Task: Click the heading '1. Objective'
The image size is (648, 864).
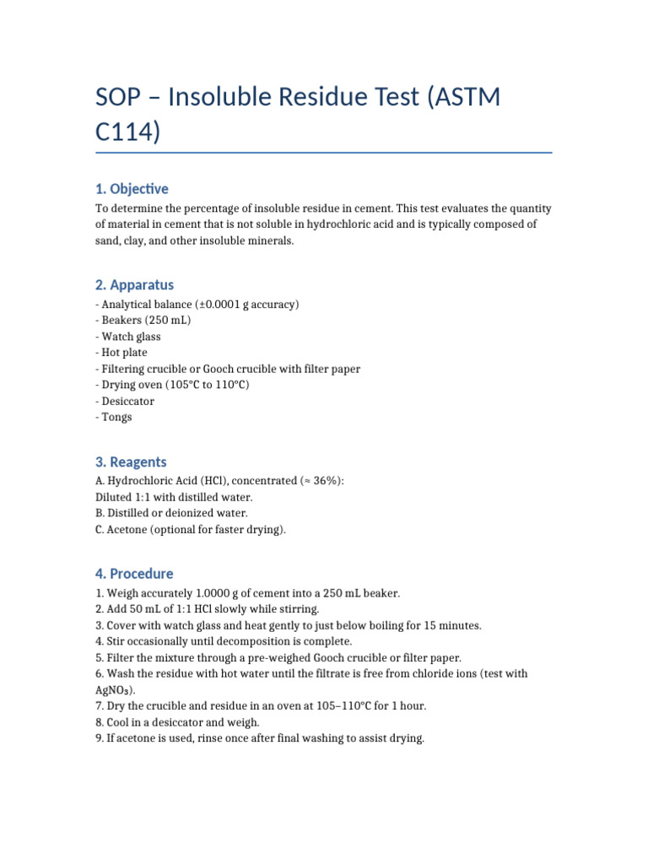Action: coord(132,189)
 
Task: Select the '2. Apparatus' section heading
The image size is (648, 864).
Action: coord(135,285)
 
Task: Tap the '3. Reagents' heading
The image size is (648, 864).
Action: coord(131,462)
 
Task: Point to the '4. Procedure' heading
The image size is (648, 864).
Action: coord(134,575)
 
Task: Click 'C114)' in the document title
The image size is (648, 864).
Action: coord(127,132)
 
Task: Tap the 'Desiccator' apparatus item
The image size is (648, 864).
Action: coord(127,401)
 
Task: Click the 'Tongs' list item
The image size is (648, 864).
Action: coord(116,417)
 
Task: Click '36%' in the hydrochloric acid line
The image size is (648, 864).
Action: coord(325,481)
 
